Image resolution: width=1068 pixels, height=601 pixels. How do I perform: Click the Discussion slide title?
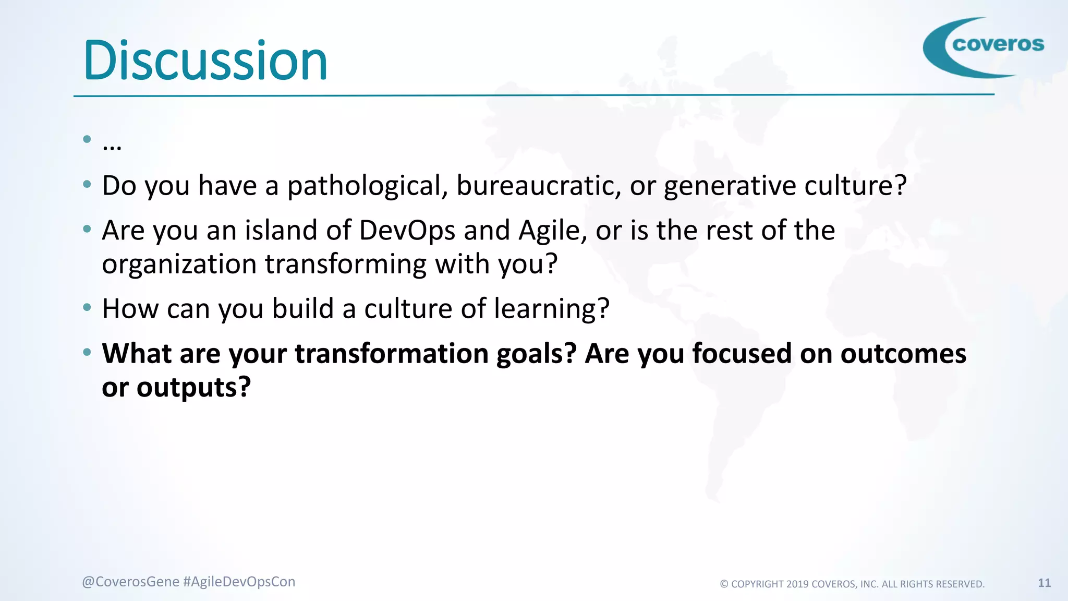[x=205, y=61]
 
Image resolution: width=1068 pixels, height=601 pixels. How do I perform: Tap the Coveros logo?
[x=984, y=47]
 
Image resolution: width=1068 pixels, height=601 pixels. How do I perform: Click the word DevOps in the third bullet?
[x=407, y=231]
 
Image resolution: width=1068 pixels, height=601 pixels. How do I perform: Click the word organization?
[x=179, y=265]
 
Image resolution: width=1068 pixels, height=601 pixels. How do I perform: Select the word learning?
[x=551, y=309]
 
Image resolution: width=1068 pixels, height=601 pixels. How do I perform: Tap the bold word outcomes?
[x=903, y=354]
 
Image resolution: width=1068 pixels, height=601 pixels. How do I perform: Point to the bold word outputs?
[x=193, y=388]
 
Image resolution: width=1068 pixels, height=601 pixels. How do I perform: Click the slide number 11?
[x=1044, y=583]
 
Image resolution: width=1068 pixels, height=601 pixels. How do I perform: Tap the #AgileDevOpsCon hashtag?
[x=239, y=582]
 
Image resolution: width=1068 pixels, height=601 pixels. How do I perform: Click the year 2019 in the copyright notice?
[x=797, y=584]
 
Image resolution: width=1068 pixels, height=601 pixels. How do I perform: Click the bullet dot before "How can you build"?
[x=87, y=308]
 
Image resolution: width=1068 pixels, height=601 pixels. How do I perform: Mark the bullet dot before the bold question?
[x=87, y=353]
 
